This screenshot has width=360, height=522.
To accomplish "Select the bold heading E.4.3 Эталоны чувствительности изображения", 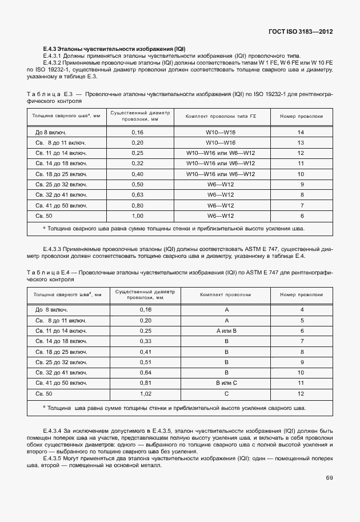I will pos(115,49).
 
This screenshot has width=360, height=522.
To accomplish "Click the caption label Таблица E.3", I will pos(47,93).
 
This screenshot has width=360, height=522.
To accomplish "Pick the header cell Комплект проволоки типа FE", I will pos(221,116).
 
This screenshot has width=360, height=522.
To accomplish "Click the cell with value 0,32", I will pos(137,164).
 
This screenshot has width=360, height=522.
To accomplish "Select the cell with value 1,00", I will pos(137,216).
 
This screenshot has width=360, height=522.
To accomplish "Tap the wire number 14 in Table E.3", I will pos(301,133).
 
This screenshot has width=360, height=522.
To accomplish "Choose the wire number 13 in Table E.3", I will pos(301,143).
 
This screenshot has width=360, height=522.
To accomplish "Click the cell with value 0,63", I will pos(137,195).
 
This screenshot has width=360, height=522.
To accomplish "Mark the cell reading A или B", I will pos(226,331).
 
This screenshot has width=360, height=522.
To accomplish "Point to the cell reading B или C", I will pos(226,383).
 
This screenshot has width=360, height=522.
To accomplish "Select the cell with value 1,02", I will pos(145,394).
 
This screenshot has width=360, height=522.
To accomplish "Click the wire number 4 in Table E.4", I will pos(301,310).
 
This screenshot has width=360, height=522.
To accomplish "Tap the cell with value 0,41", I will pos(145,352).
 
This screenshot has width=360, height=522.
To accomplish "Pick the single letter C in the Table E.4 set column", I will pos(226,394).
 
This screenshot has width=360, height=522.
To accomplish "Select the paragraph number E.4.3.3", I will pos(55,249).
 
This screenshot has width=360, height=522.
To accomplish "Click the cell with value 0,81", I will pos(145,383).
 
